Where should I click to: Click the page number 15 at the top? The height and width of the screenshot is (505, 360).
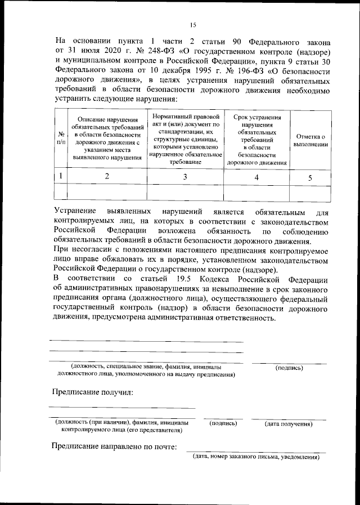pyautogui.click(x=192, y=24)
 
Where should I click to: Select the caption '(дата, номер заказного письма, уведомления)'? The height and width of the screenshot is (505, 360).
pyautogui.click(x=256, y=457)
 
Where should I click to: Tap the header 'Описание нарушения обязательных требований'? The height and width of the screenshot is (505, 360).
pyautogui.click(x=107, y=138)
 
